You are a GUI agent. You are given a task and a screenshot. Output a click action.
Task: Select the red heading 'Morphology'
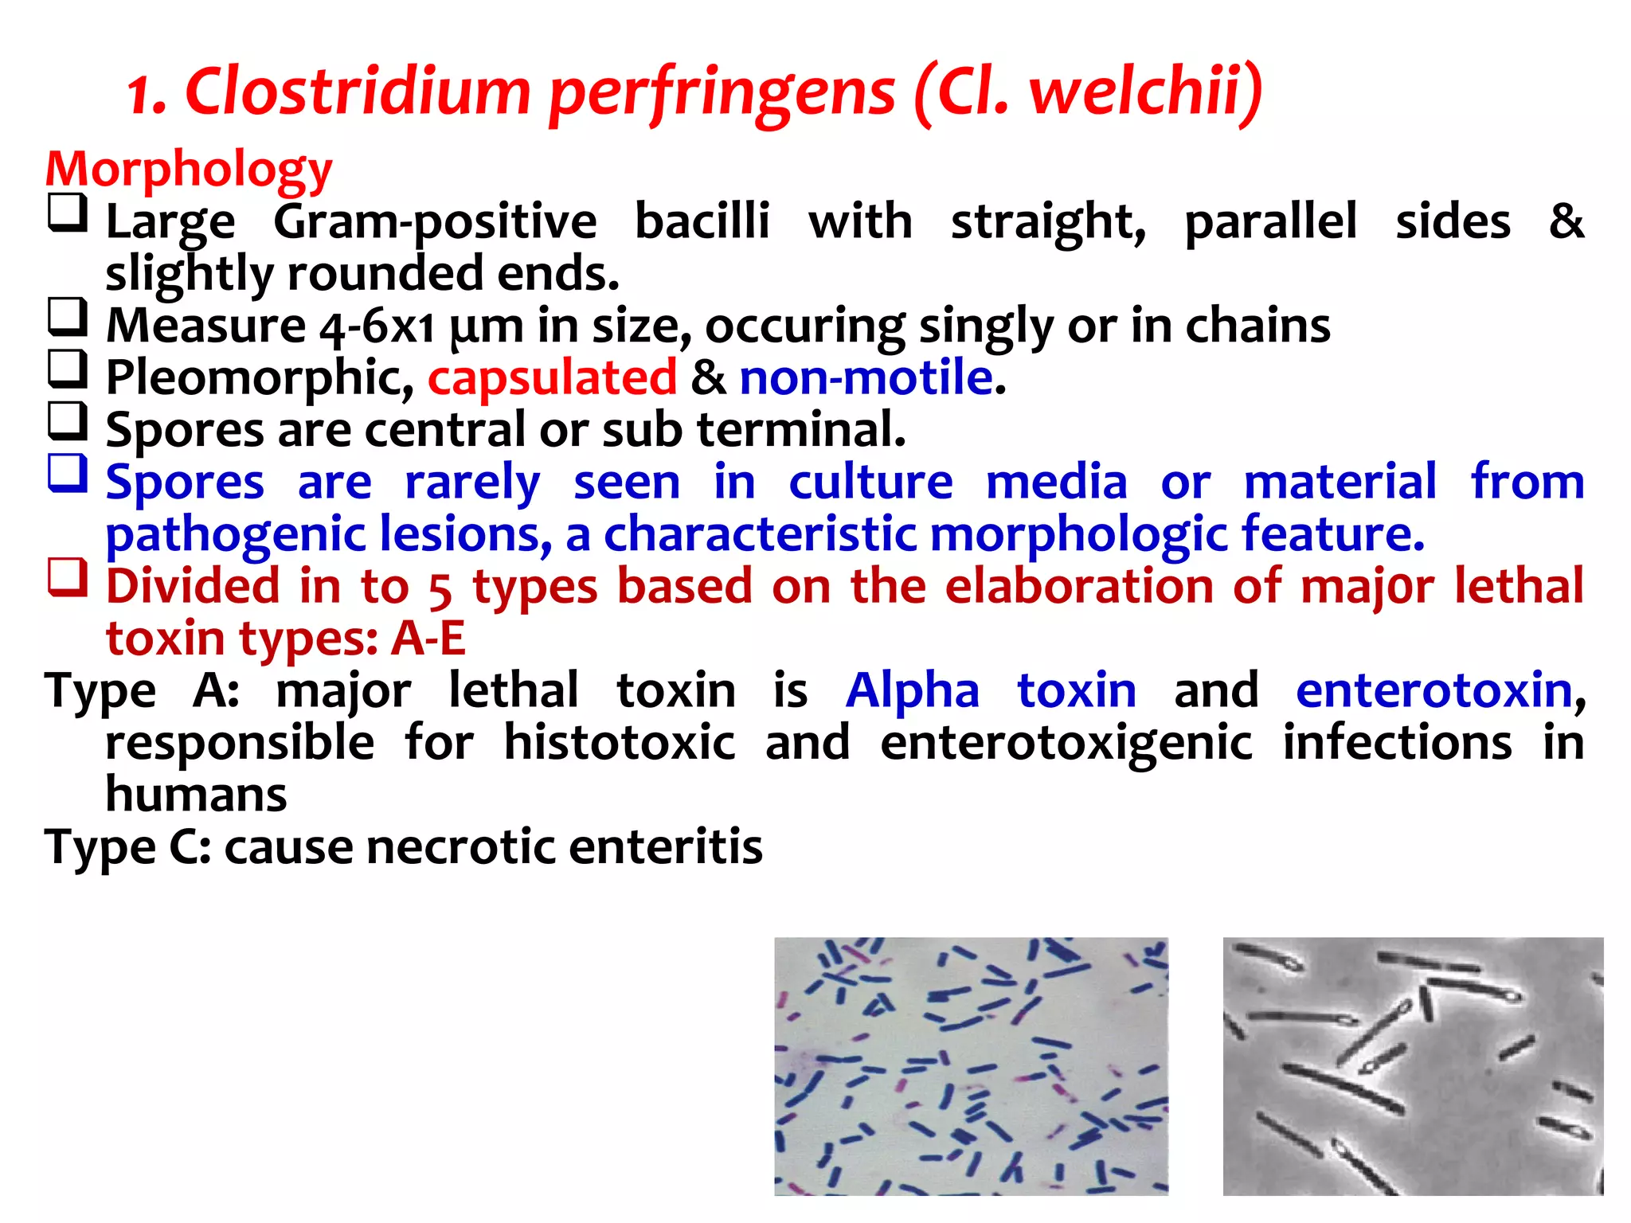189,170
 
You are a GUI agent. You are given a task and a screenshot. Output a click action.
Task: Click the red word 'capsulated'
552,377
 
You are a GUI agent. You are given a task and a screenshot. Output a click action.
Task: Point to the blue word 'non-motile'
866,377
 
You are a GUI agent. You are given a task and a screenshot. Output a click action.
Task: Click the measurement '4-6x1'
377,326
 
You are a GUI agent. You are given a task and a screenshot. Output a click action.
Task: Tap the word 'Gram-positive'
435,222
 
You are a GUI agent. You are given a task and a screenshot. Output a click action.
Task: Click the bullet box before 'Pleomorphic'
67,369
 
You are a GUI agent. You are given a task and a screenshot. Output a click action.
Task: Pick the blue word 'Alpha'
912,690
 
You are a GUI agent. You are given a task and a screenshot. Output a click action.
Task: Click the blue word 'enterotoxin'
1433,690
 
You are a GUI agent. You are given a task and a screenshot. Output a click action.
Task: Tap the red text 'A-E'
428,639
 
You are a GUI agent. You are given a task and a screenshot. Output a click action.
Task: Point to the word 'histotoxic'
620,743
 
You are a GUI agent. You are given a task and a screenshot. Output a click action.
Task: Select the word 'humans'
196,795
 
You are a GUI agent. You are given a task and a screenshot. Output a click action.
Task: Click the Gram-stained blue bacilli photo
971,1066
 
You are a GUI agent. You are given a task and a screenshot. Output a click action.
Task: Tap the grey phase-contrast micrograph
1413,1066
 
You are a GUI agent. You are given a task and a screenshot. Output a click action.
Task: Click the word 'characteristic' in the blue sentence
761,534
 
